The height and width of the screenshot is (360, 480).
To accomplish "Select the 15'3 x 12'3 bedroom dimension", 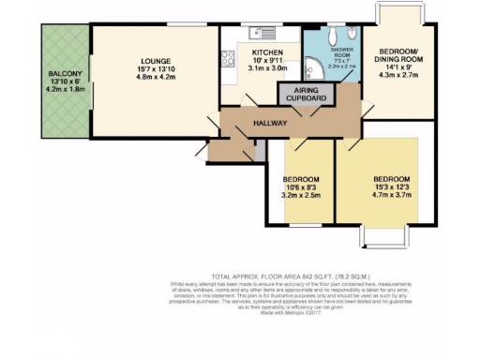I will pos(385,187).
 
